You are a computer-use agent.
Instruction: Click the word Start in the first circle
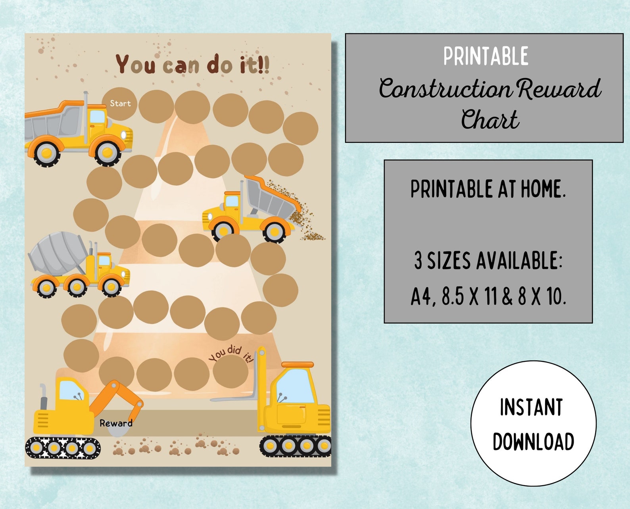[120, 104]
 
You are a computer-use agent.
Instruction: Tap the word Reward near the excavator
[116, 423]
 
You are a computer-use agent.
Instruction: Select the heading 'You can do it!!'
[193, 65]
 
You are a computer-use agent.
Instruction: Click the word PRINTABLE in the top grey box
[486, 56]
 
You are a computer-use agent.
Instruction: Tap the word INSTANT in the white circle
[531, 407]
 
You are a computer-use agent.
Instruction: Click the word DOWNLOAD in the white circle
[533, 442]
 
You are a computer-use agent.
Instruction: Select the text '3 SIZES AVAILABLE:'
[488, 261]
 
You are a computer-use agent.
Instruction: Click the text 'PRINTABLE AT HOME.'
[488, 189]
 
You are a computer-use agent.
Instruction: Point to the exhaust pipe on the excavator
[43, 397]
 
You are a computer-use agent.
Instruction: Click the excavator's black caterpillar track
[63, 448]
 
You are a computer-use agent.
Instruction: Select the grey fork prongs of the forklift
[234, 397]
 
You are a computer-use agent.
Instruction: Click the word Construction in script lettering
[445, 89]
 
